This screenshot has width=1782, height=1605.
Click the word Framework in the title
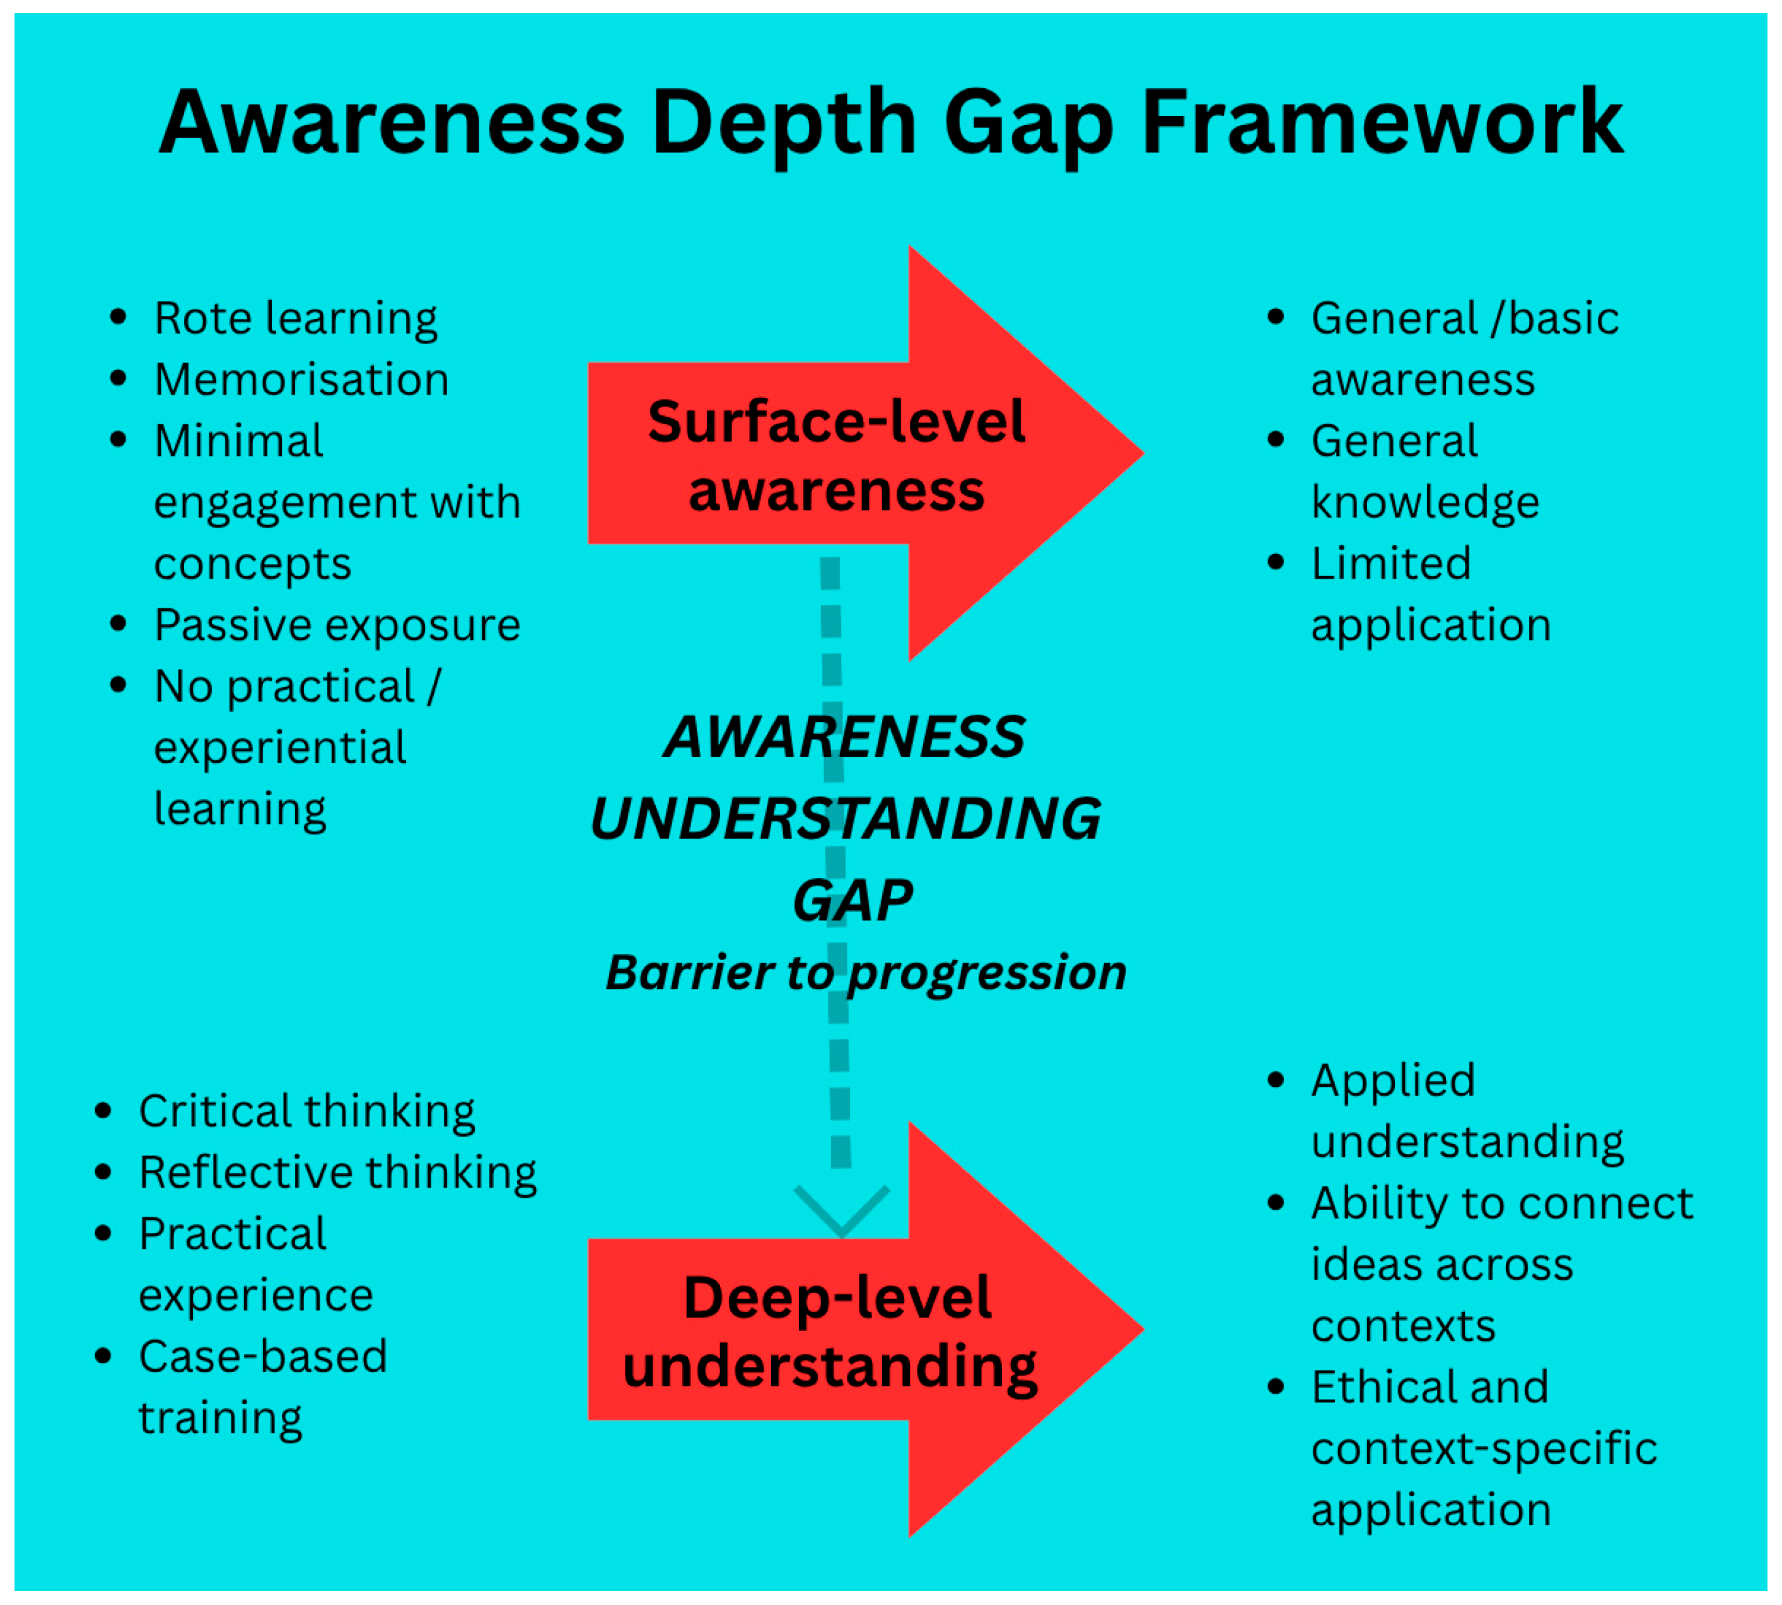[x=1382, y=124]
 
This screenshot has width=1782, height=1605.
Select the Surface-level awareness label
[x=836, y=455]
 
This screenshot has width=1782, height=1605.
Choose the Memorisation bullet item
[x=301, y=380]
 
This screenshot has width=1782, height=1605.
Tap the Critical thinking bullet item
[x=306, y=1111]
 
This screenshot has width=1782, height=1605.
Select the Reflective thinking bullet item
[x=337, y=1173]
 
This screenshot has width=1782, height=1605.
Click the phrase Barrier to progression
[x=865, y=973]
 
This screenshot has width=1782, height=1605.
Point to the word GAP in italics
[x=852, y=901]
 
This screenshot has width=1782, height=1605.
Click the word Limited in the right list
[x=1391, y=564]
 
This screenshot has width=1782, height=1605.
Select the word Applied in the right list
[x=1393, y=1081]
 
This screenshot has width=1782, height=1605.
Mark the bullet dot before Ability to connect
[x=1276, y=1202]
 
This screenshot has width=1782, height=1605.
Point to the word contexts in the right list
[x=1402, y=1326]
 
